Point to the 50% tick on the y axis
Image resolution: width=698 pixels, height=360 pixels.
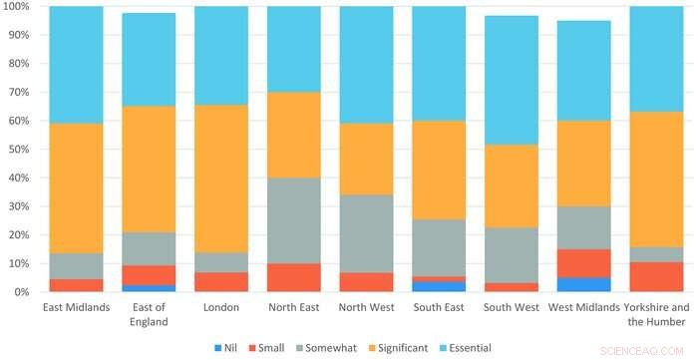(22, 150)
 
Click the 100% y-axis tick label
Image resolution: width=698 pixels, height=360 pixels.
(19, 7)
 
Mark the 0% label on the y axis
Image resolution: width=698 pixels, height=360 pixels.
(24, 292)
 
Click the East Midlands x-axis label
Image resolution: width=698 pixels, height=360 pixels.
(76, 306)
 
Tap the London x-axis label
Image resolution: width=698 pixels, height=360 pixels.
(221, 306)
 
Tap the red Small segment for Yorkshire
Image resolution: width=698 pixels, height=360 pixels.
(657, 276)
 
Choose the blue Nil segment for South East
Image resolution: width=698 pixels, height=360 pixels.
(439, 286)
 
